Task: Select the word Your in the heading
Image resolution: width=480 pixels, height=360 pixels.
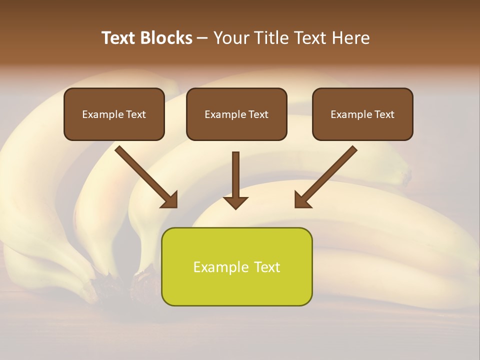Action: pyautogui.click(x=231, y=38)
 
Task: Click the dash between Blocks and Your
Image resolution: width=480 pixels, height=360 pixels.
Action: pyautogui.click(x=202, y=38)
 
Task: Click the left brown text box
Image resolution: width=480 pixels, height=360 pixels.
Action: pyautogui.click(x=114, y=114)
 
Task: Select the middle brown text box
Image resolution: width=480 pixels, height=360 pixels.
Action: pyautogui.click(x=236, y=114)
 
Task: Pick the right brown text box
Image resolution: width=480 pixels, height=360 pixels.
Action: pyautogui.click(x=362, y=114)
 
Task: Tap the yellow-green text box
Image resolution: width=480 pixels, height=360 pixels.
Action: pyautogui.click(x=236, y=266)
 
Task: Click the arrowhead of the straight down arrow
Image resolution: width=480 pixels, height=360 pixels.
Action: pyautogui.click(x=235, y=202)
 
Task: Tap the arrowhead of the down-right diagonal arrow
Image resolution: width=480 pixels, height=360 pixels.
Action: pyautogui.click(x=170, y=199)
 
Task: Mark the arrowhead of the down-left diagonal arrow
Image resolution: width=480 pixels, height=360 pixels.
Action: pyautogui.click(x=302, y=199)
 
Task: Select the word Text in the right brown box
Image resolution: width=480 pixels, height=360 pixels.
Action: pyautogui.click(x=384, y=114)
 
